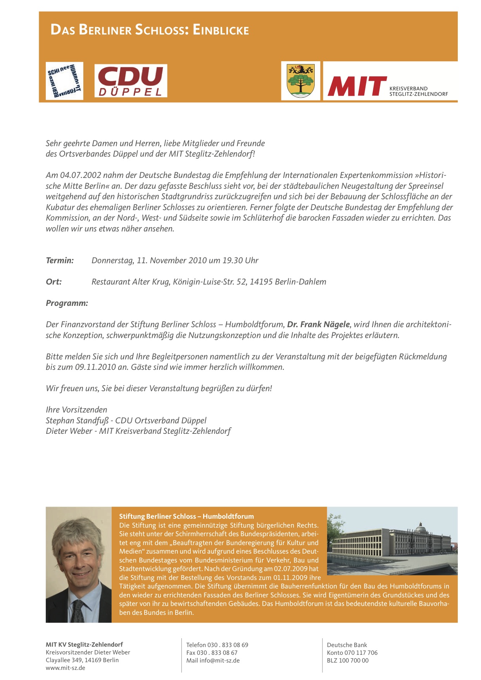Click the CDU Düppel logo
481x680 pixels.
131,81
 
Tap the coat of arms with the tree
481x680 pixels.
300,81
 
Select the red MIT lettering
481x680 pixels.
357,86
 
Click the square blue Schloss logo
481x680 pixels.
64,81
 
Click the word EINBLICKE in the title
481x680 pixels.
221,30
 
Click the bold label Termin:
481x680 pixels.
60,261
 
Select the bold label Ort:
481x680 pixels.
53,282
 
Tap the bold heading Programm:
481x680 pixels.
67,303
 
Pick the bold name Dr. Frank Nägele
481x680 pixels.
319,324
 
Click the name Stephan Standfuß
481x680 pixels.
77,421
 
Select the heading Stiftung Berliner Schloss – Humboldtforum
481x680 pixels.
186,516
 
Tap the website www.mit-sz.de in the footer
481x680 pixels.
66,668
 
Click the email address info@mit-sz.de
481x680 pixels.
219,661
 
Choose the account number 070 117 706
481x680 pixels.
361,653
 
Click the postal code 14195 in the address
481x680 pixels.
261,282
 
